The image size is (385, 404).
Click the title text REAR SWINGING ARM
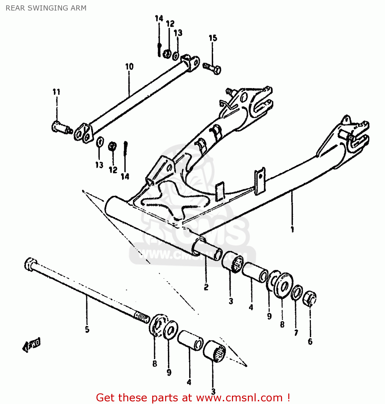click(46, 8)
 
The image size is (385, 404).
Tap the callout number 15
click(213, 38)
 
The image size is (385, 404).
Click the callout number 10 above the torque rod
click(129, 67)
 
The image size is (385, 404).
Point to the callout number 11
click(56, 92)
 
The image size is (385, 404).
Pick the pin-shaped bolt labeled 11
click(61, 127)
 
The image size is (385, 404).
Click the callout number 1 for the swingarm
click(292, 229)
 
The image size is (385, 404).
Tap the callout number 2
click(206, 287)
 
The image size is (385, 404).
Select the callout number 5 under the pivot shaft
click(87, 329)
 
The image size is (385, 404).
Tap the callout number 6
click(310, 342)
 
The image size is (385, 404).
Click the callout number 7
click(296, 333)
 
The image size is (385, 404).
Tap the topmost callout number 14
click(159, 19)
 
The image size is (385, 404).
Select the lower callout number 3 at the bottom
click(213, 391)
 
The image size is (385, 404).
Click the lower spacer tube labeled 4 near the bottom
click(190, 340)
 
